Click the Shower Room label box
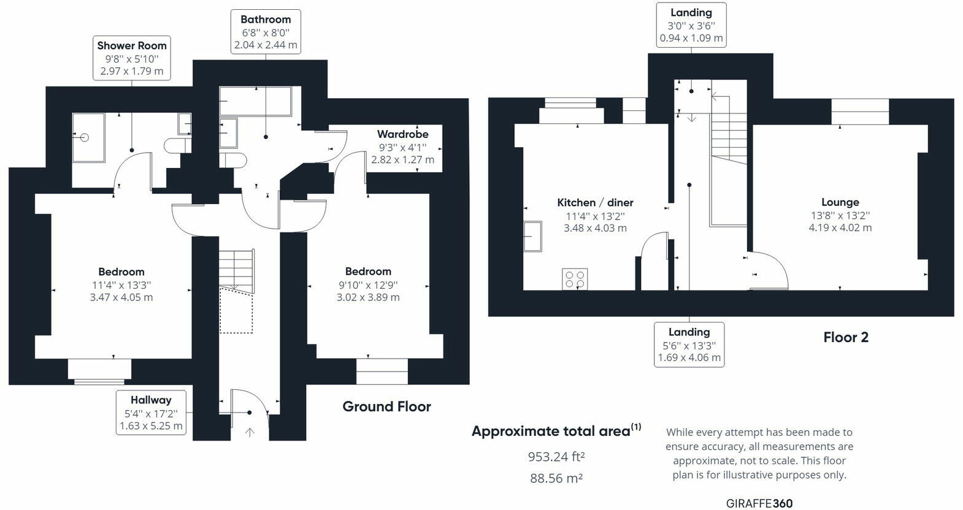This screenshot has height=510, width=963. [132, 58]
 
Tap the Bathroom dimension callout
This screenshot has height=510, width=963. [266, 32]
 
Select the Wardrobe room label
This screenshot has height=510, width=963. [402, 134]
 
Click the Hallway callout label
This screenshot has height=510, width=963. [150, 413]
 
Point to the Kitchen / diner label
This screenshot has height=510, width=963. [595, 203]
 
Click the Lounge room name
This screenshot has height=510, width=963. [840, 202]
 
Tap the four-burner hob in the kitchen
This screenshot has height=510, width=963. [575, 279]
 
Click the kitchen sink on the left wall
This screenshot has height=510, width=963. [532, 236]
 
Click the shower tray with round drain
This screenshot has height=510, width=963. [88, 137]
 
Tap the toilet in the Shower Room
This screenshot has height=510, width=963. [177, 146]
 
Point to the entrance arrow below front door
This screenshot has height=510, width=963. [250, 432]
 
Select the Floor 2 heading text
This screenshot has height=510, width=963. [845, 337]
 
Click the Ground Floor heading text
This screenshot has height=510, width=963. [386, 406]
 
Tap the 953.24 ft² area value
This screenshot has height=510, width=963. [556, 457]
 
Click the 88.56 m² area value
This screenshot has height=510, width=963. [556, 478]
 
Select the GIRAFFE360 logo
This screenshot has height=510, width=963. [759, 503]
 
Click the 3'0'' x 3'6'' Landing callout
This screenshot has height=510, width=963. [691, 26]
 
